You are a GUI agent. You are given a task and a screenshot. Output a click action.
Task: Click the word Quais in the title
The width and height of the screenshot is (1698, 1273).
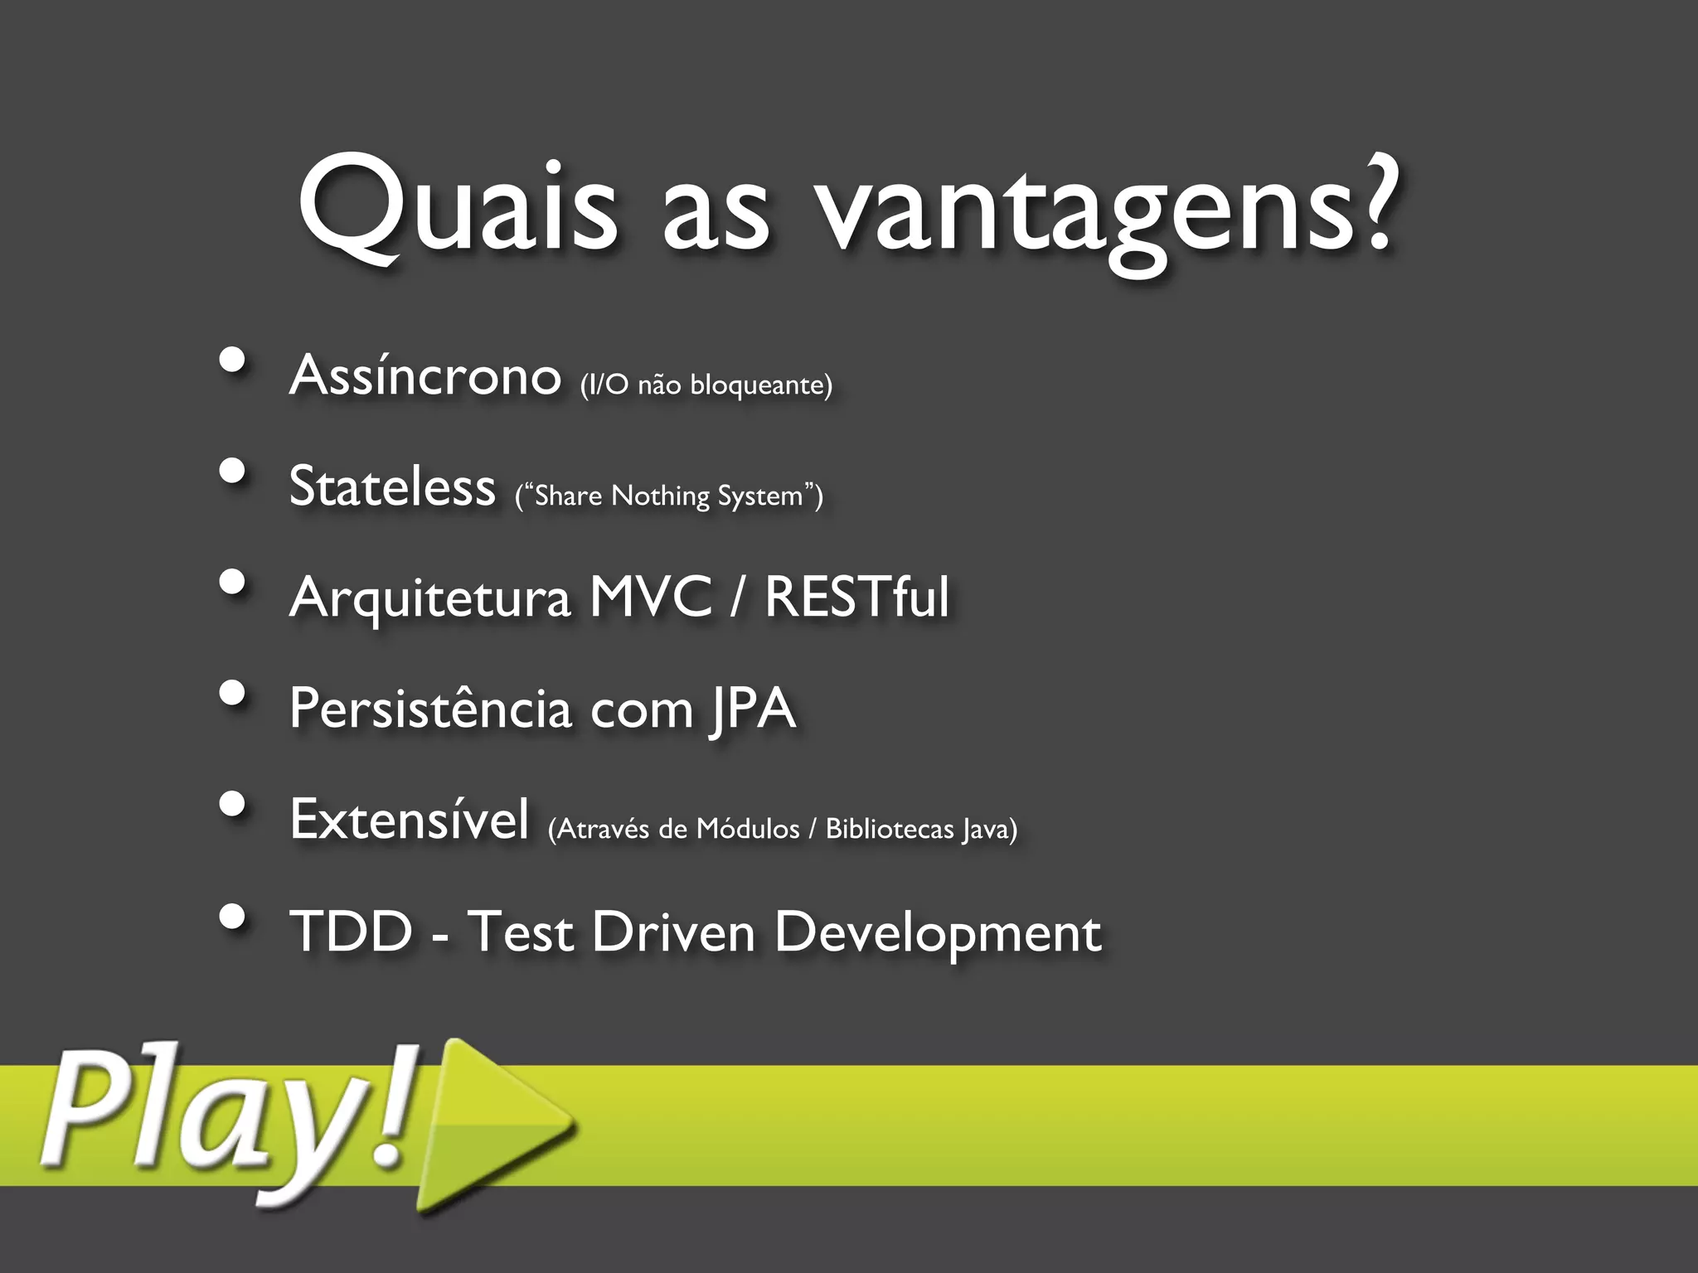(458, 207)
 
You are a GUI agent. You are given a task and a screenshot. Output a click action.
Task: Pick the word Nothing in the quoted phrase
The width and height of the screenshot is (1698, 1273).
(660, 496)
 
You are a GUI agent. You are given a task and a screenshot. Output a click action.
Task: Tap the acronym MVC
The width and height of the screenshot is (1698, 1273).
(651, 596)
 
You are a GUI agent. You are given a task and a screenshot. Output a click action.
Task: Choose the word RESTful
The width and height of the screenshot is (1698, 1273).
(856, 596)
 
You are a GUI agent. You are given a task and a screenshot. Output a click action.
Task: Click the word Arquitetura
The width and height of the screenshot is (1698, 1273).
(430, 598)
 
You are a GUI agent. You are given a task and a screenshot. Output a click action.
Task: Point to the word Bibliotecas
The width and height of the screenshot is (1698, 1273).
(890, 829)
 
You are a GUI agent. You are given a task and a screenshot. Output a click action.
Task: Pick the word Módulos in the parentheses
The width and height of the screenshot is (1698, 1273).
(747, 829)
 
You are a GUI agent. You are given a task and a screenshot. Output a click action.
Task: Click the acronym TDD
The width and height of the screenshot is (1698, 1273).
(351, 931)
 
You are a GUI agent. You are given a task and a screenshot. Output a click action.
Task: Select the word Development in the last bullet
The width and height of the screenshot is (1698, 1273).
(937, 934)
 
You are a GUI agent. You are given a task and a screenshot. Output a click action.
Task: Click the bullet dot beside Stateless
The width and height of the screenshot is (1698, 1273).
(233, 472)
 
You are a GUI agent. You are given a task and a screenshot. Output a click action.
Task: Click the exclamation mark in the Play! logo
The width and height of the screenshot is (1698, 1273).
(395, 1111)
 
